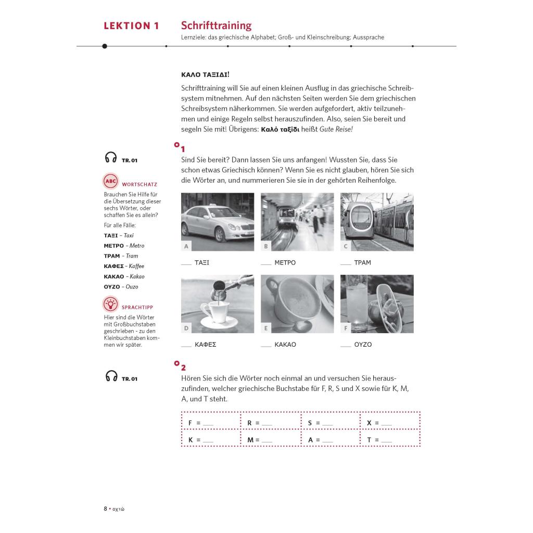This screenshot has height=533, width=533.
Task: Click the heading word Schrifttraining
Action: [216, 26]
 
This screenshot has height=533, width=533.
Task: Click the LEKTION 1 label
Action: [131, 26]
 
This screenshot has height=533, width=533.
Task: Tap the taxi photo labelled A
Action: [218, 222]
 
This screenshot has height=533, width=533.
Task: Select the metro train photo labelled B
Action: [297, 222]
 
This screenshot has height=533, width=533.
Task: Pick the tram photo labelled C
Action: [377, 222]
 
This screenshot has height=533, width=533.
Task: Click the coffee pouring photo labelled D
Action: [218, 304]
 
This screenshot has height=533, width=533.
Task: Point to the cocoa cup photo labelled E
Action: [297, 304]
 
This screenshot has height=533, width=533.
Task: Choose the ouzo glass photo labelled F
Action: [377, 304]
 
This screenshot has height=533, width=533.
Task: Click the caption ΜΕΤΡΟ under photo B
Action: [285, 263]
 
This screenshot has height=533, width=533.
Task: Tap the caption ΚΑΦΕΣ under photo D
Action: [205, 345]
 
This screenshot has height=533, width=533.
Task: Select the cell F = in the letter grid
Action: [211, 423]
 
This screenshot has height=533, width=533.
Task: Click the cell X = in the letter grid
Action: [390, 423]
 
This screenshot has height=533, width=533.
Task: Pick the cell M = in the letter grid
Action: [271, 440]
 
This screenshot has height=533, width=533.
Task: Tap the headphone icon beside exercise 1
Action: [111, 158]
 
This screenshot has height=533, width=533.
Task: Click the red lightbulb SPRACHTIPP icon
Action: [110, 303]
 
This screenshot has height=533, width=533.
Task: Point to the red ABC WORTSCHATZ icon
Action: [110, 182]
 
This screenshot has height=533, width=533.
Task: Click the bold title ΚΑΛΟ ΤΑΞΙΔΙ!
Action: [205, 74]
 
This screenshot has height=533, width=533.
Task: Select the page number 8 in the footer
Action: [105, 509]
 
